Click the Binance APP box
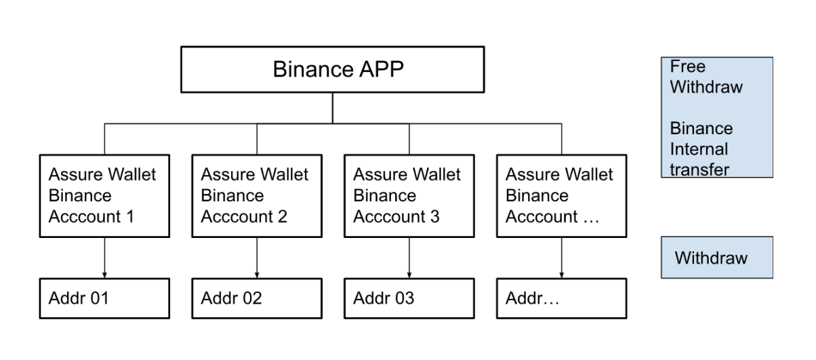click(x=333, y=69)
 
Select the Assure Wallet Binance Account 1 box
click(x=104, y=196)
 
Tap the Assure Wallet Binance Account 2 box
click(x=257, y=196)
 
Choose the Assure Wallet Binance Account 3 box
click(x=409, y=196)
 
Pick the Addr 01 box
click(x=104, y=298)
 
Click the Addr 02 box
click(x=257, y=298)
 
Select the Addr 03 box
click(x=409, y=298)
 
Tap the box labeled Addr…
click(x=561, y=298)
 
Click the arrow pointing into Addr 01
click(x=104, y=258)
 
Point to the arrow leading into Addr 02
click(x=257, y=258)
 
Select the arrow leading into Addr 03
click(x=409, y=258)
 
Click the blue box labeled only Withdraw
click(x=717, y=258)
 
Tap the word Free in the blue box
click(x=688, y=66)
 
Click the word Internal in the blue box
click(x=699, y=149)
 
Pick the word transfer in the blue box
click(x=699, y=169)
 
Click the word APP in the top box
click(x=382, y=69)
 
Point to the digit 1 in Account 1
click(x=130, y=217)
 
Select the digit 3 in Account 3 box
click(x=434, y=217)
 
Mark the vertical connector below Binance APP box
click(x=333, y=108)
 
